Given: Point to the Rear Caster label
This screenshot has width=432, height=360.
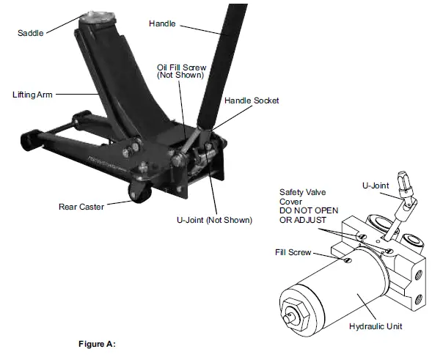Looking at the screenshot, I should [81, 207].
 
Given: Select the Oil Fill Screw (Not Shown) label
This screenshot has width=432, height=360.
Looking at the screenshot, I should [180, 72].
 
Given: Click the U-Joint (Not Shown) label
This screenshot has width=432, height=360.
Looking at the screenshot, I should [214, 220].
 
